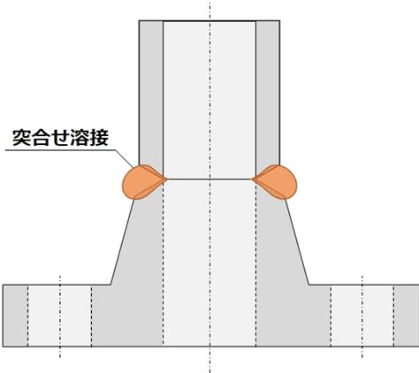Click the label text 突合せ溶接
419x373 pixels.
[60, 138]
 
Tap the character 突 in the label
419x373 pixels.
[22, 138]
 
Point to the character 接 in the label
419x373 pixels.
[99, 138]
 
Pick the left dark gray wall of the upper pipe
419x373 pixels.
[151, 93]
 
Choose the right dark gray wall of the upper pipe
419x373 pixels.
[268, 93]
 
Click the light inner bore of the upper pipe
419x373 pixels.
[209, 100]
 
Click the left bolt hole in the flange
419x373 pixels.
[59, 316]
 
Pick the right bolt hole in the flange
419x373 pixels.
[362, 316]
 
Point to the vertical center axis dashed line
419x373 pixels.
[209, 186]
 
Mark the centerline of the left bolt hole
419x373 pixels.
[60, 316]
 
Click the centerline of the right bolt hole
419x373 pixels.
[362, 316]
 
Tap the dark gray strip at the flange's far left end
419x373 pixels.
[15, 316]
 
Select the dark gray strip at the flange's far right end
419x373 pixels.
[407, 316]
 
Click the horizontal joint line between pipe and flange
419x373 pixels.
[209, 179]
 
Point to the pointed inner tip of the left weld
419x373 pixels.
[167, 179]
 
